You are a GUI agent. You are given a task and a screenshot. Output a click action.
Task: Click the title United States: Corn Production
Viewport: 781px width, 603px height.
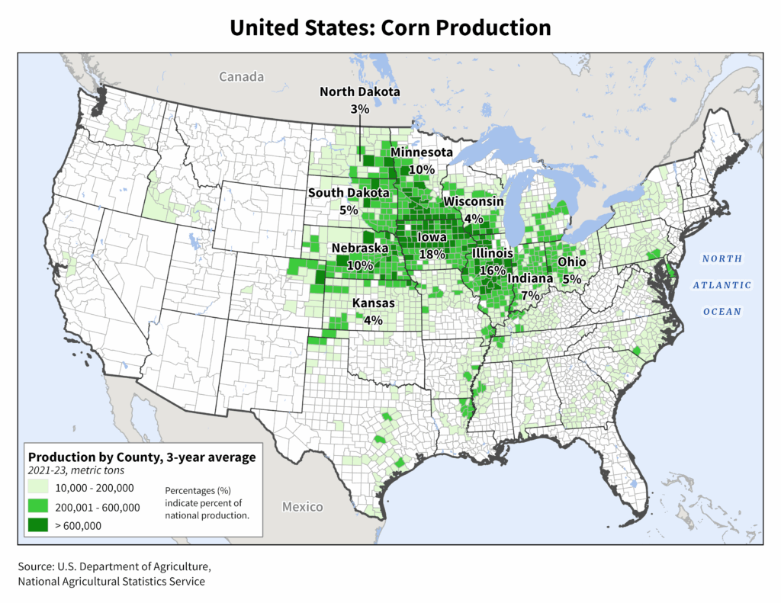(x=390, y=28)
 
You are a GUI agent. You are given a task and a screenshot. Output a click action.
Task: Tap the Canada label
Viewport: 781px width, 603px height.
(x=241, y=77)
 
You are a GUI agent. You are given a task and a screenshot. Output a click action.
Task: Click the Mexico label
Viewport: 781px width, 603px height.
(x=302, y=507)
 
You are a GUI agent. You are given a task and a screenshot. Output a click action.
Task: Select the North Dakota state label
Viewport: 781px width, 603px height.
(x=359, y=92)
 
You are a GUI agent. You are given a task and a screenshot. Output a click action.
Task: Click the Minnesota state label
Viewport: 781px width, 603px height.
(x=422, y=153)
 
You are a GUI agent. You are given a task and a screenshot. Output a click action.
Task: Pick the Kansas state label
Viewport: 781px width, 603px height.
(x=373, y=303)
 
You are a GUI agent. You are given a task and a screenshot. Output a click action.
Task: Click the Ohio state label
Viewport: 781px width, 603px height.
(x=571, y=262)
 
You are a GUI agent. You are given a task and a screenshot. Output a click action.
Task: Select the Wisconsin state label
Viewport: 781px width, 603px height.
(x=474, y=201)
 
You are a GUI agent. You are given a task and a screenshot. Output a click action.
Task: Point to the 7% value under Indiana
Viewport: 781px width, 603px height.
(x=531, y=294)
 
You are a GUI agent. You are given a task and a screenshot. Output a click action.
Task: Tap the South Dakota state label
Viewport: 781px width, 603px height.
(x=349, y=193)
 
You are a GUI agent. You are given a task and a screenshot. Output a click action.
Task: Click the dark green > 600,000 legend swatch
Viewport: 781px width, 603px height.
(x=38, y=524)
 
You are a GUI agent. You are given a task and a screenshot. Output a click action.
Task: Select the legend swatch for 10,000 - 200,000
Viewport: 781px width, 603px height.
(x=38, y=489)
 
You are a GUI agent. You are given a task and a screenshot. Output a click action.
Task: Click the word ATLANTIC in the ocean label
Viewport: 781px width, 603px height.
(x=722, y=285)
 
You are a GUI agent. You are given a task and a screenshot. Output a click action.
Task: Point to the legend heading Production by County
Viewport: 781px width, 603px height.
(x=141, y=457)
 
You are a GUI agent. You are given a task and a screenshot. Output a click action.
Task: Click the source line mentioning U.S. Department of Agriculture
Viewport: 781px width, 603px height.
(x=114, y=567)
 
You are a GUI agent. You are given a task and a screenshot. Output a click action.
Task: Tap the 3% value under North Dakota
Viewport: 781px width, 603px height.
(x=360, y=109)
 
